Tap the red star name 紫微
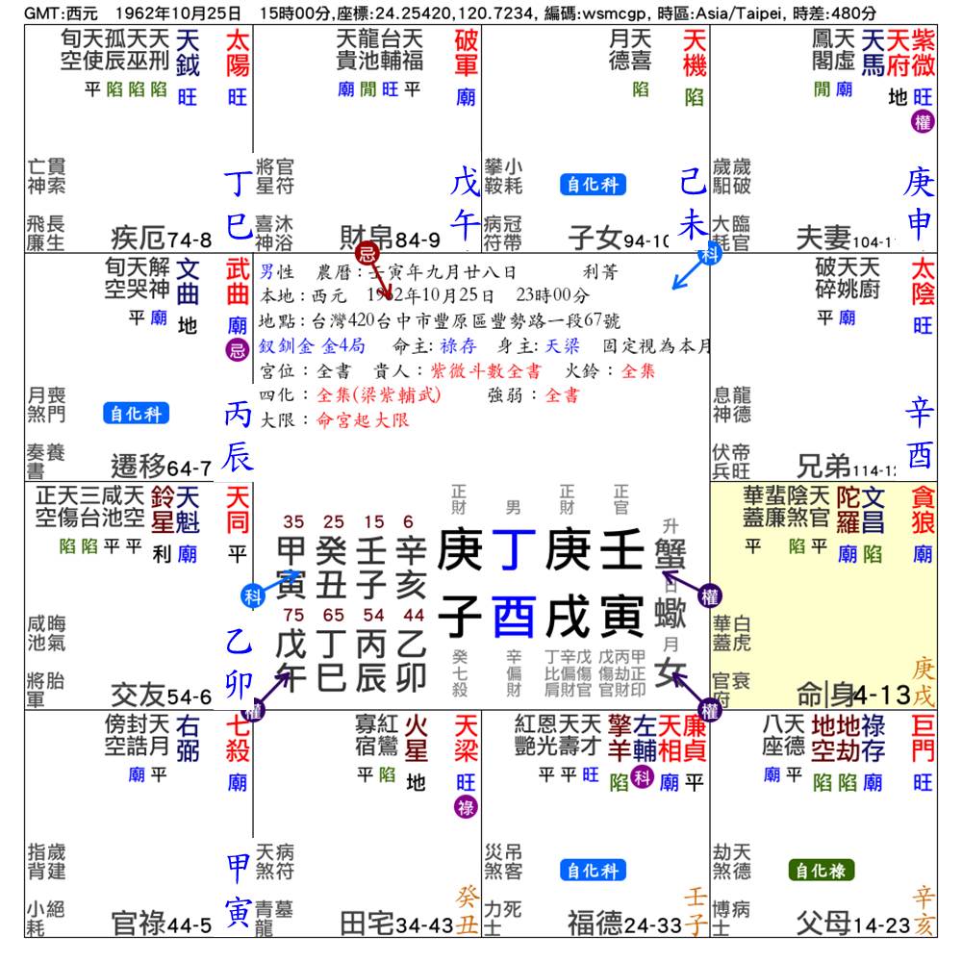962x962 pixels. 923,53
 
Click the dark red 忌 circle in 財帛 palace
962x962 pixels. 366,255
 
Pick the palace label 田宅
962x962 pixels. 367,924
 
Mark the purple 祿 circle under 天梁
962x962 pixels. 466,808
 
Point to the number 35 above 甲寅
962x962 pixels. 293,522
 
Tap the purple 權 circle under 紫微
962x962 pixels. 923,122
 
